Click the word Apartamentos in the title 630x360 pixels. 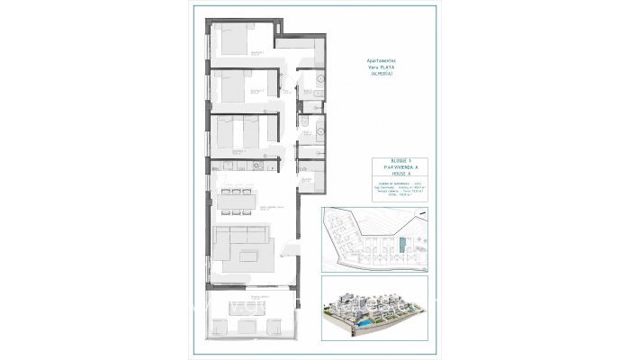382,59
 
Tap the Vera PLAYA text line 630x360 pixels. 382,67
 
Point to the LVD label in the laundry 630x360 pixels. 303,169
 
